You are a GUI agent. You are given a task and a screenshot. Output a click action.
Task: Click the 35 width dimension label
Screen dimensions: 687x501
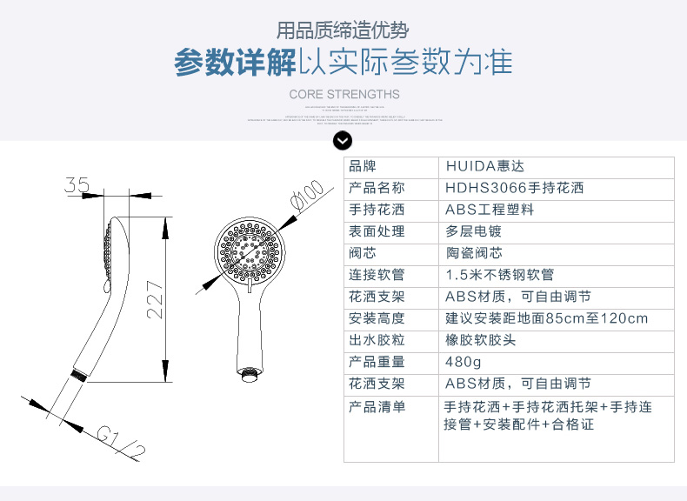[77, 184]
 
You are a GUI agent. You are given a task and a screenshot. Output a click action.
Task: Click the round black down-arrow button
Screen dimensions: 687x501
[343, 141]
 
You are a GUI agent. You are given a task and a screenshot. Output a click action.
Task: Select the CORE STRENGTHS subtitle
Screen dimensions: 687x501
[343, 94]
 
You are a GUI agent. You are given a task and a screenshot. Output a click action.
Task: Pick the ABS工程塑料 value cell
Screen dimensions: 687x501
[490, 210]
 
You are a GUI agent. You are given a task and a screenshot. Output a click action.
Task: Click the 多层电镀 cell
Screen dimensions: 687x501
[474, 231]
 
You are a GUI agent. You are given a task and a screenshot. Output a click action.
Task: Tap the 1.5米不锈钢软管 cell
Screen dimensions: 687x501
[500, 275]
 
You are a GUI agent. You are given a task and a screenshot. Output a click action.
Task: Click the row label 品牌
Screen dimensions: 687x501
[364, 166]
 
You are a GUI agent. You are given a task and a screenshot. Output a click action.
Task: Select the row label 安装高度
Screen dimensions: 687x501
[377, 318]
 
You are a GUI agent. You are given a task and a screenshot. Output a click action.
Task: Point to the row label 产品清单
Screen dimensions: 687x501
[377, 406]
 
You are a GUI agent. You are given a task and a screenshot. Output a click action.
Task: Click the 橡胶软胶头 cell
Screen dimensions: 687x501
[481, 340]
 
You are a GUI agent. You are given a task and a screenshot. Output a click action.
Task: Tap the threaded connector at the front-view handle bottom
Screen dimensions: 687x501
[250, 375]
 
